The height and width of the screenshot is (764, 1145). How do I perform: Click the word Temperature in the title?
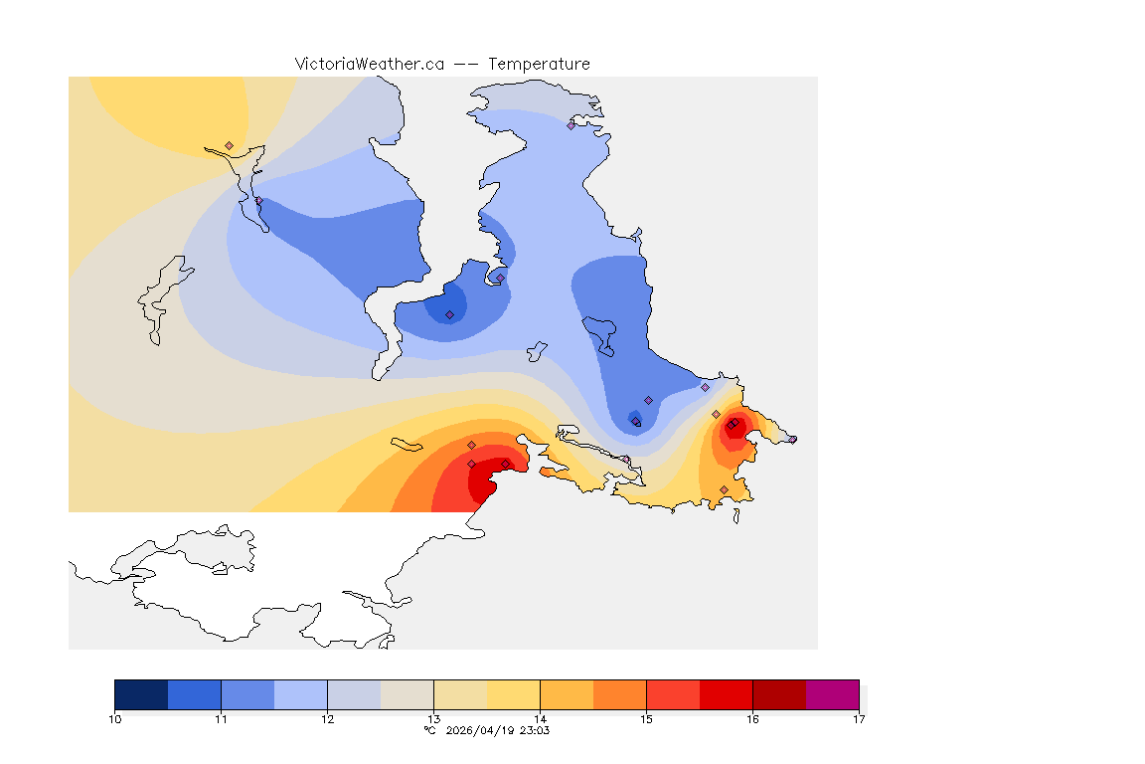pos(539,64)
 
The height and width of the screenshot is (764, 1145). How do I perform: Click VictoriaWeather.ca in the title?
pos(369,64)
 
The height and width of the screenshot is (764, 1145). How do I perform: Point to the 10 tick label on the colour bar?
pos(114,718)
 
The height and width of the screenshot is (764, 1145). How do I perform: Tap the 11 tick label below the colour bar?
pos(221,718)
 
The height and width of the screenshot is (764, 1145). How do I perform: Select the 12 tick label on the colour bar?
pos(327,718)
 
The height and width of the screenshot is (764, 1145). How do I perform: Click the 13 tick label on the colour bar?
pos(433,718)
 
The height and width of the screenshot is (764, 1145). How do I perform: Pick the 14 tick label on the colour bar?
pos(540,718)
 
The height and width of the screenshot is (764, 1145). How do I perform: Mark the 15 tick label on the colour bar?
pos(646,718)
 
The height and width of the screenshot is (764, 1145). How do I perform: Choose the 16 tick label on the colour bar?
pos(752,718)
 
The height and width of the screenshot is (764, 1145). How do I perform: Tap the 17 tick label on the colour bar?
pos(859,718)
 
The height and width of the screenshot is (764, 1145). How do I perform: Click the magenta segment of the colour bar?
pos(832,694)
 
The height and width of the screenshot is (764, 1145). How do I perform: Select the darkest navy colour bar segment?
pos(141,694)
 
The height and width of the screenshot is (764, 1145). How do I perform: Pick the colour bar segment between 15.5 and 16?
pos(726,694)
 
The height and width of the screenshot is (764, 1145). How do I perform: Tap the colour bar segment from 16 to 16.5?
pos(779,694)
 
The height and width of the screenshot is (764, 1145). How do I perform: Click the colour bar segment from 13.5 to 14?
pos(513,694)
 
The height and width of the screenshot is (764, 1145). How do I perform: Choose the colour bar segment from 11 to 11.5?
pos(247,694)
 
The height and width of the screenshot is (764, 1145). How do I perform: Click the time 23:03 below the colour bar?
pos(534,730)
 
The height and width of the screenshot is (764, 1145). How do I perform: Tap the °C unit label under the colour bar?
pos(429,730)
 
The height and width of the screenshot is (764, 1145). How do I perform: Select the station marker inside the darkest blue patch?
pos(449,314)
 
